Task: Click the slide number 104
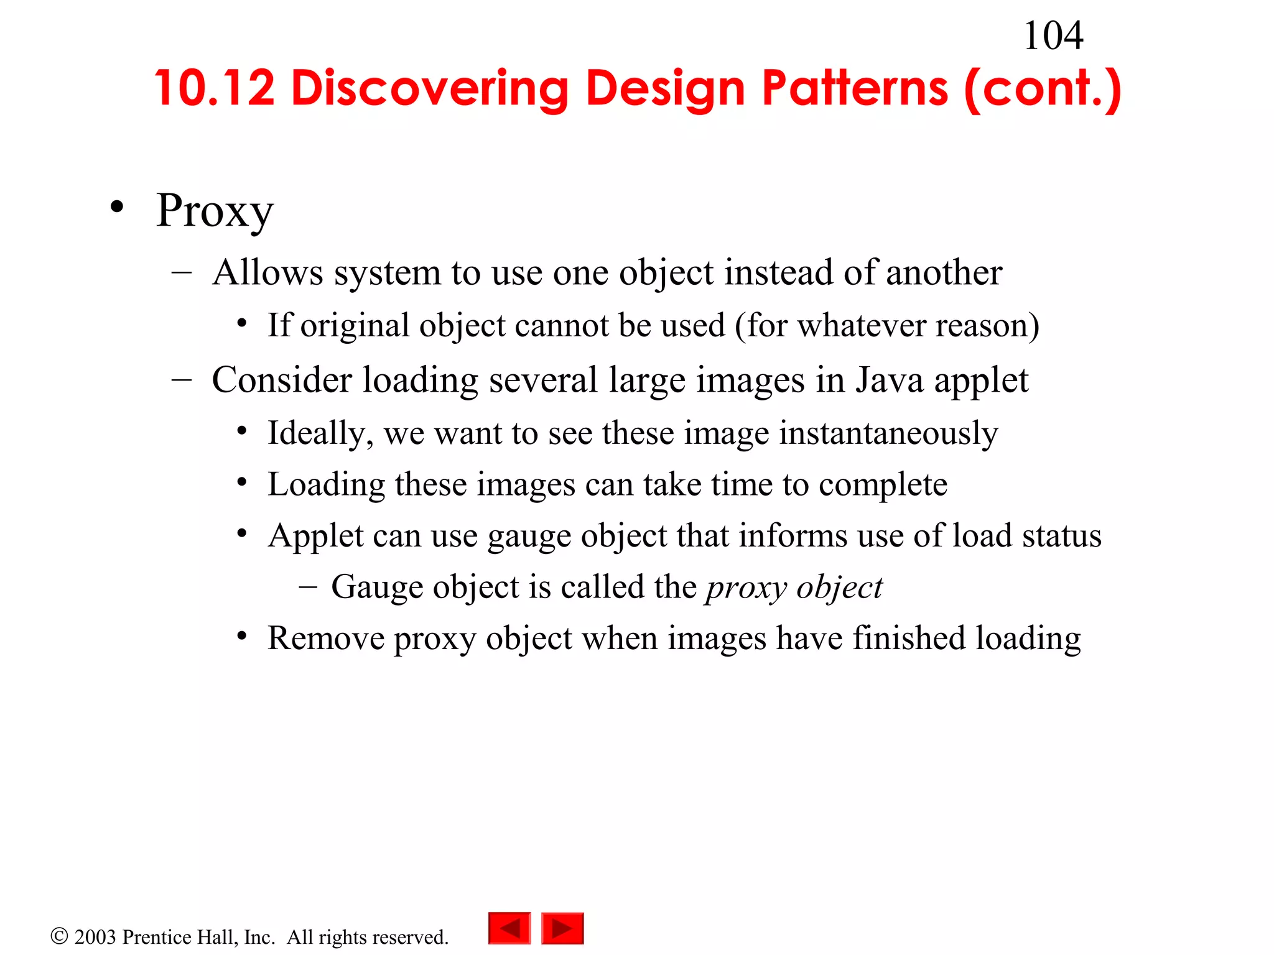pos(1053,36)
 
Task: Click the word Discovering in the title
pos(429,88)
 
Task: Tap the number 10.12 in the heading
pos(215,88)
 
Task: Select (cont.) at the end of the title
pos(1043,88)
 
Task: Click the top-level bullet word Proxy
pos(215,211)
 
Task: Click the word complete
pos(883,484)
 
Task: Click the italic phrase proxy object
pos(794,588)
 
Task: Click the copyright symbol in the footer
pos(59,936)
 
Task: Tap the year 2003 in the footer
pos(95,937)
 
